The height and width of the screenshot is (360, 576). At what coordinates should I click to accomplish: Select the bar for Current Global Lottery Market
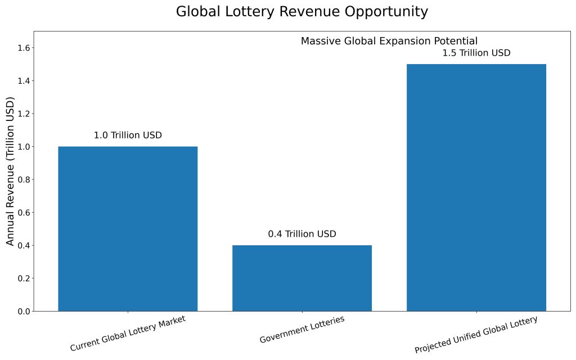[x=128, y=228]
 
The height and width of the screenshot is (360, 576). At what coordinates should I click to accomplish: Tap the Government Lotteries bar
[x=302, y=278]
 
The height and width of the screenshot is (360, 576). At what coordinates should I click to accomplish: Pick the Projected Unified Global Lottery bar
[x=476, y=187]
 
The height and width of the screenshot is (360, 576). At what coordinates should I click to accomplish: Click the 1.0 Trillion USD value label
[x=128, y=136]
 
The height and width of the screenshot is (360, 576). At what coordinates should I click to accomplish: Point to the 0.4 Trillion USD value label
[x=302, y=234]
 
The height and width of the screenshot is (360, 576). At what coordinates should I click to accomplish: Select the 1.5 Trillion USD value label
[x=476, y=53]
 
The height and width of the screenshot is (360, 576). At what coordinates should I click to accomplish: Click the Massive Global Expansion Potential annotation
[x=389, y=41]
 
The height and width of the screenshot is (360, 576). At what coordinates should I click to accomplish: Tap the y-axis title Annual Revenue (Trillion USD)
[x=10, y=171]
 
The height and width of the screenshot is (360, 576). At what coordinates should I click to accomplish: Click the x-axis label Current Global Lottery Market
[x=128, y=333]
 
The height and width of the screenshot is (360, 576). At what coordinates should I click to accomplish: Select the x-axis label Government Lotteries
[x=302, y=330]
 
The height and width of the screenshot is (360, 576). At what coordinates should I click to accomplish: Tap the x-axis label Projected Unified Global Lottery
[x=476, y=335]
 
